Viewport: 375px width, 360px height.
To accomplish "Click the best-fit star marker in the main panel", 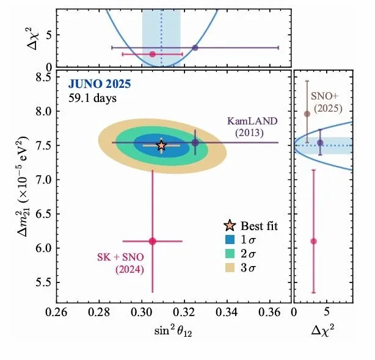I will pos(161,145).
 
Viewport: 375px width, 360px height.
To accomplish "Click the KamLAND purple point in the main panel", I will pos(195,143).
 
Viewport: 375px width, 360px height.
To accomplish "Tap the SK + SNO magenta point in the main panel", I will pos(152,241).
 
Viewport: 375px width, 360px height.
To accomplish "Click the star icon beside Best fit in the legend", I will pos(231,226).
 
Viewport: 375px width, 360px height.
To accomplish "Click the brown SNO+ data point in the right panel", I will pos(307,113).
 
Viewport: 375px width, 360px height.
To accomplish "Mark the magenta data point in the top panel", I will pos(153,54).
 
